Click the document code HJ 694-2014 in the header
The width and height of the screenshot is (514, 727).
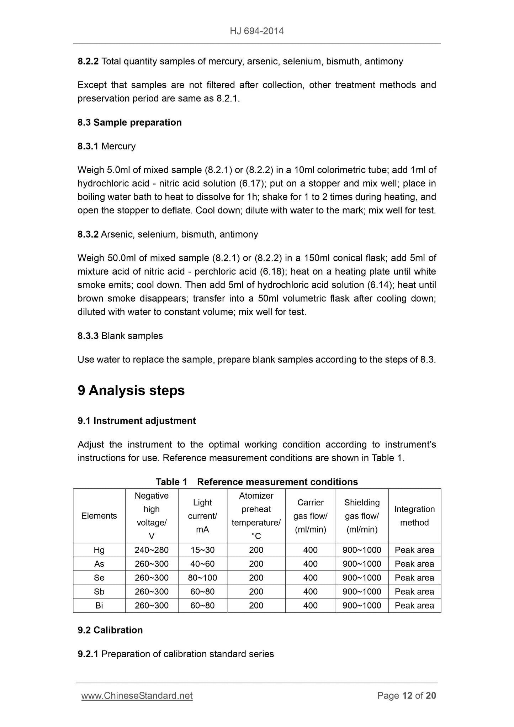coord(256,31)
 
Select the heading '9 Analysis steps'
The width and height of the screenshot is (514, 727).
coord(131,391)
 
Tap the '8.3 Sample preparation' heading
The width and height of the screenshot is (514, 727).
coord(129,122)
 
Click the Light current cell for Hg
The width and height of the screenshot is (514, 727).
coord(202,550)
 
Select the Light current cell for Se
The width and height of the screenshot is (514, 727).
coord(202,578)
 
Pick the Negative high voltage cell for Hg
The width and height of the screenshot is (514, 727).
coord(152,550)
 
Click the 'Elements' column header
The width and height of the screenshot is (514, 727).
coord(99,516)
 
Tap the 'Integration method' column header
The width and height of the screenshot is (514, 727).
coord(414,516)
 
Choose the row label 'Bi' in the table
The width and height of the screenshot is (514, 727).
coord(99,606)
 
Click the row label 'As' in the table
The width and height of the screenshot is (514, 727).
coord(99,564)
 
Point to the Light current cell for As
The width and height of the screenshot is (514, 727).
coord(202,564)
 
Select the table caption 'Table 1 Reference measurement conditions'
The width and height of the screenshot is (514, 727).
coord(256,482)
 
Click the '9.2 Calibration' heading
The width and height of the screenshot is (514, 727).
coord(110,630)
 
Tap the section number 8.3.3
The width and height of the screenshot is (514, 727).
coord(88,336)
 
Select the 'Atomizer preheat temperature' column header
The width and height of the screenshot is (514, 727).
coord(256,516)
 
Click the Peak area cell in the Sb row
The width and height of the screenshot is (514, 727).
coord(414,592)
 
